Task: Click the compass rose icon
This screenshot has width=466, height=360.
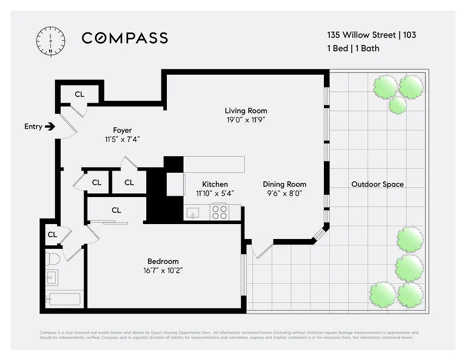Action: (x=50, y=40)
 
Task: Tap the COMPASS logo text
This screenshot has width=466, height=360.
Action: (x=125, y=38)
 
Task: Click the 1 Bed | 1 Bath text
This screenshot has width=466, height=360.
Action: (x=353, y=48)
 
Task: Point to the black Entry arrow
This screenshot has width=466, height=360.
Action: (x=50, y=126)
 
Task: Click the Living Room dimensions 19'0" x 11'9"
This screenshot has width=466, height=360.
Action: (x=246, y=120)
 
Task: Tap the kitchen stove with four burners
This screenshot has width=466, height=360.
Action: (x=220, y=212)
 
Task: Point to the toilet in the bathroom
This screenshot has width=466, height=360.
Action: (x=54, y=260)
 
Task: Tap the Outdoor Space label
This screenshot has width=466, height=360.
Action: (x=377, y=184)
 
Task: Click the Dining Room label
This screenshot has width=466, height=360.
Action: (x=284, y=184)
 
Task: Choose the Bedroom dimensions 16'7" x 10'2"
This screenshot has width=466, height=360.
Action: (x=163, y=270)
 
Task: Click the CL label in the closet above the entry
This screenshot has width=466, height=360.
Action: (x=80, y=94)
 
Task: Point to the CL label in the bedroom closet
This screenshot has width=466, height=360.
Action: (x=116, y=210)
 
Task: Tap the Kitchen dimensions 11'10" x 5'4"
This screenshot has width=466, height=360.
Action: (x=215, y=193)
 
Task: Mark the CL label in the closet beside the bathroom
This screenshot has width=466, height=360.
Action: (x=52, y=234)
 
